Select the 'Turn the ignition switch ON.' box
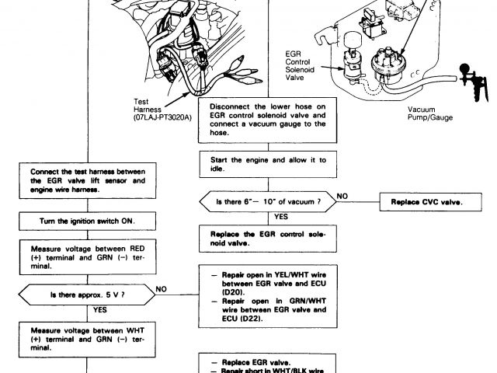pos(87,221)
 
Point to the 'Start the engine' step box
pos(268,165)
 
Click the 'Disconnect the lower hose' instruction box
pos(268,120)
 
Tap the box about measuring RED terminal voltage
pos(87,256)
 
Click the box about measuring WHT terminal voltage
pos(87,337)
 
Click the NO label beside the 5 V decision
pos(162,287)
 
